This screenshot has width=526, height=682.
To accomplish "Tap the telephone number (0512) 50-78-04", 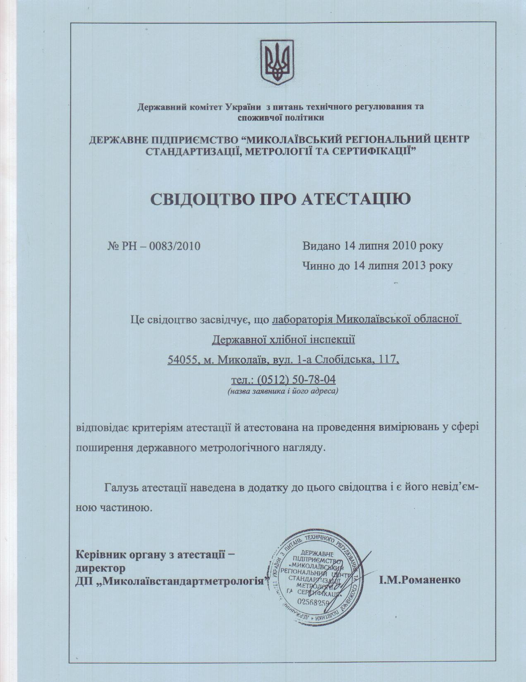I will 296,379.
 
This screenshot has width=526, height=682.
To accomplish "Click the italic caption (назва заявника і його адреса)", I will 283,391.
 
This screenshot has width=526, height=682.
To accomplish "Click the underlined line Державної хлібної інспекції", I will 283,339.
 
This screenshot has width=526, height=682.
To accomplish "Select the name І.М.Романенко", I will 419,579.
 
